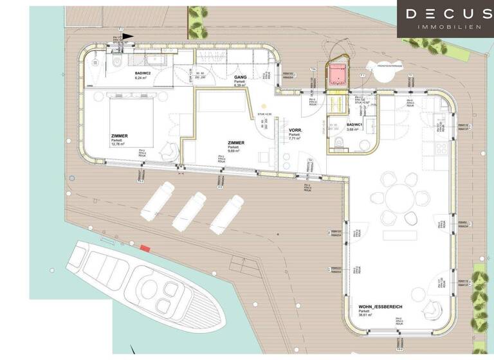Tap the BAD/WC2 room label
click(143, 74)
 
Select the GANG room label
click(241, 77)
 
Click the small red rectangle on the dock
click(145, 248)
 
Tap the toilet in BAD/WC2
click(116, 63)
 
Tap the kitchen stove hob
click(441, 148)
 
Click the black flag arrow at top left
click(129, 37)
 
